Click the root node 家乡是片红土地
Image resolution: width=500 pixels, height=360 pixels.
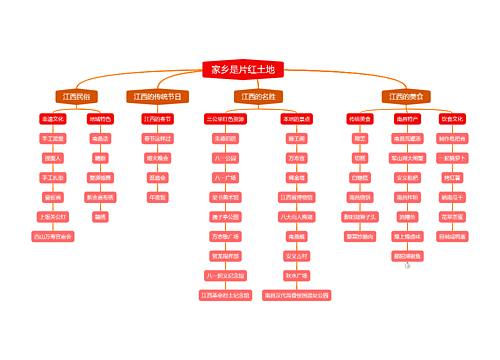(243, 70)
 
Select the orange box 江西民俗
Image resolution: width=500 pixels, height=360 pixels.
(76, 97)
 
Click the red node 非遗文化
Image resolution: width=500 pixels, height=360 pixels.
(53, 119)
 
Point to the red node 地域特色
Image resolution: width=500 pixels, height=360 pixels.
(100, 119)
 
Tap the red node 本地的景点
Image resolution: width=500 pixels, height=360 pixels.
(296, 119)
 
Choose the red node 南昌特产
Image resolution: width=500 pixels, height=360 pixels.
(407, 119)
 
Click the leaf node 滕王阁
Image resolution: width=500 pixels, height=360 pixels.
(296, 138)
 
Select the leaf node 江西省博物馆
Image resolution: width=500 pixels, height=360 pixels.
(296, 197)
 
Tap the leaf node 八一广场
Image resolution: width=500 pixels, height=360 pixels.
(225, 177)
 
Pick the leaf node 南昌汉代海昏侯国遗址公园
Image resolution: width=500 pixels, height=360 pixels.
(296, 295)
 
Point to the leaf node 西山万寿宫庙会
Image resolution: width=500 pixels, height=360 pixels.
(53, 236)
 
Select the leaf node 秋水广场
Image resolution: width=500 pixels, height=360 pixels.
(296, 275)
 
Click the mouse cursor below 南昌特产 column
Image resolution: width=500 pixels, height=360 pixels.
(407, 266)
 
